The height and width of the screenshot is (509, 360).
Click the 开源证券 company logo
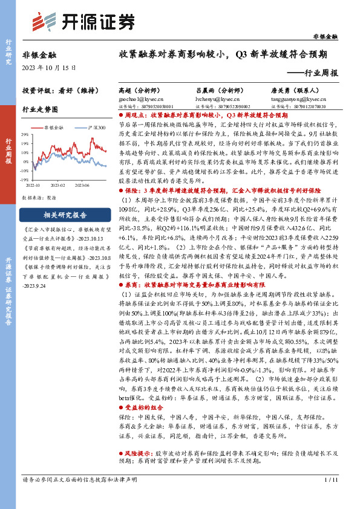pyautogui.click(x=83, y=21)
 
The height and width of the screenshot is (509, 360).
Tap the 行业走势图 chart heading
pyautogui.click(x=40, y=109)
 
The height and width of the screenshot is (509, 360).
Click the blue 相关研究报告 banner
pyautogui.click(x=57, y=215)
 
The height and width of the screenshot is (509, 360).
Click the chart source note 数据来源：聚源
pyautogui.click(x=41, y=197)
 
